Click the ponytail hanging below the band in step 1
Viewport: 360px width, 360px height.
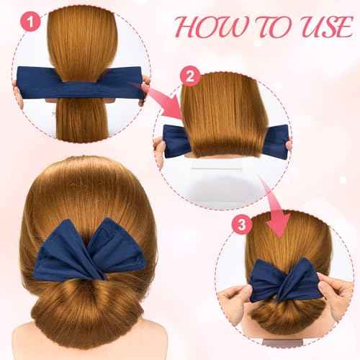80,130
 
